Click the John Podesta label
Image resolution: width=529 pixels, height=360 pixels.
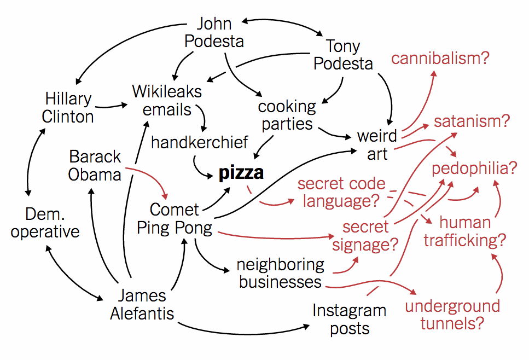[214, 33]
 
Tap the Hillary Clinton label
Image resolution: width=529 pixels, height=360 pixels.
[68, 108]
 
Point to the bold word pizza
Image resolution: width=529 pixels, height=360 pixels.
[241, 173]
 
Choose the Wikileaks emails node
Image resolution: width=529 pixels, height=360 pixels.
[167, 100]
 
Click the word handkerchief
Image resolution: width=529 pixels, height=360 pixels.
[200, 143]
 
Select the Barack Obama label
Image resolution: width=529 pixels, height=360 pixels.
[95, 166]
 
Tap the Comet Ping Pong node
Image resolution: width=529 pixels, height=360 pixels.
[174, 218]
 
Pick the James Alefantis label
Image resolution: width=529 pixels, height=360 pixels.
[142, 305]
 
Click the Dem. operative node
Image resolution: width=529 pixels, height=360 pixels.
[45, 223]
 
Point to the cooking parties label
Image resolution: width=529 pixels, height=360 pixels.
[287, 115]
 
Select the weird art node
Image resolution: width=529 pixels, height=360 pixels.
[377, 144]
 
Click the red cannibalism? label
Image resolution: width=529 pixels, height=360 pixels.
[440, 59]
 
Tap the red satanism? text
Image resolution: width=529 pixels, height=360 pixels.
[472, 121]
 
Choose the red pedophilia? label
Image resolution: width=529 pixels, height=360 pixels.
[474, 168]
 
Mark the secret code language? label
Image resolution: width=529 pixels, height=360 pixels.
[341, 192]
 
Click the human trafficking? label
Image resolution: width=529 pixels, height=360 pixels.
[464, 231]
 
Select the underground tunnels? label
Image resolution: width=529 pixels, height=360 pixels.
[452, 315]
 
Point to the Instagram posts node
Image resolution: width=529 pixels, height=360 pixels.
[349, 320]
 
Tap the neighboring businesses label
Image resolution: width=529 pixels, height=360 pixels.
[280, 273]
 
